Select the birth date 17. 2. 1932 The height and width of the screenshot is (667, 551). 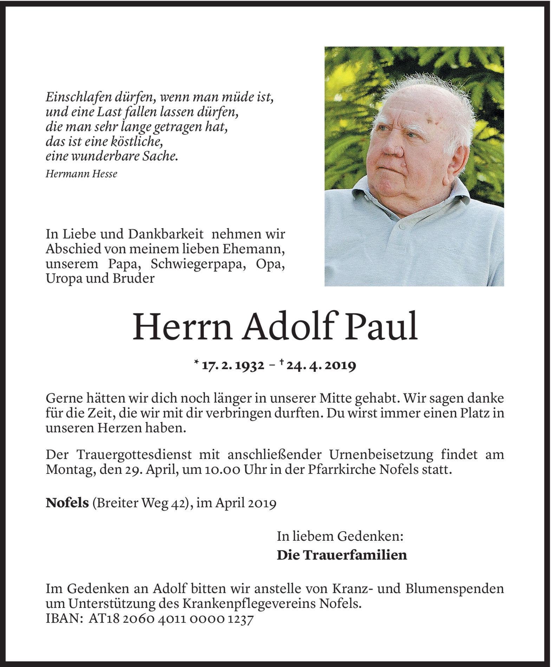(x=233, y=366)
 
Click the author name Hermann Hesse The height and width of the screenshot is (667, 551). (x=81, y=174)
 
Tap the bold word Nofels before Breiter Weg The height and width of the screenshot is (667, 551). (x=67, y=503)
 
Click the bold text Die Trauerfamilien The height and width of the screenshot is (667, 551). (x=342, y=555)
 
